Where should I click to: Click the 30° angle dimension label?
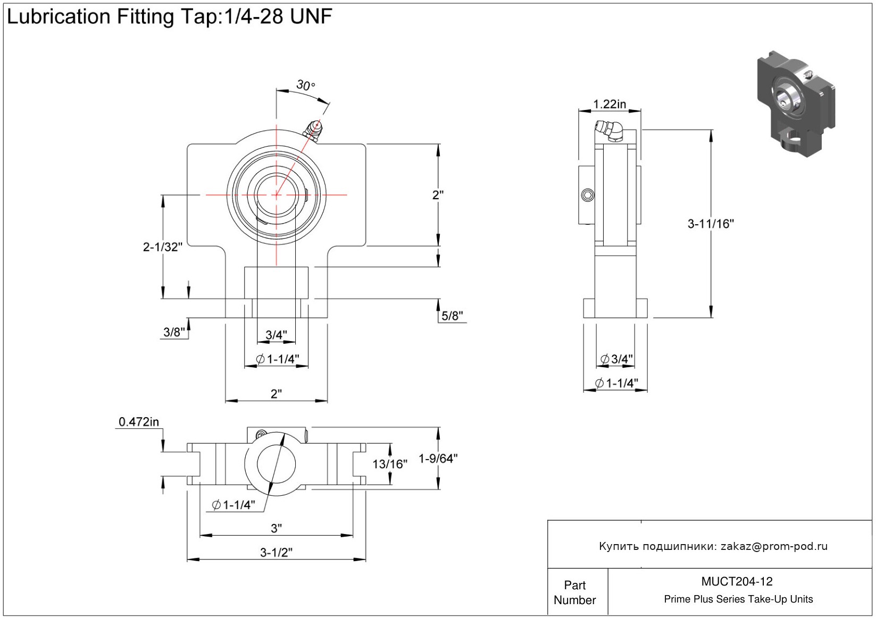[x=305, y=85]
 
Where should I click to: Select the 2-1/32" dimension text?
[x=163, y=247]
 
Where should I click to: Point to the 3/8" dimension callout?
[x=174, y=333]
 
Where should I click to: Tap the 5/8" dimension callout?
[x=452, y=316]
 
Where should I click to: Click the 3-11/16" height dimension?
[x=711, y=224]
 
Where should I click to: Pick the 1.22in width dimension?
[x=610, y=104]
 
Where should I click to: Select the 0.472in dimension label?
[x=139, y=422]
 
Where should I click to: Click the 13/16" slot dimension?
[x=389, y=464]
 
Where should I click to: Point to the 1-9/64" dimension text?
[x=438, y=458]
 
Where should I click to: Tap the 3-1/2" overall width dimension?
[x=276, y=553]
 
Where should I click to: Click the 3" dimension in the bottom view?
[x=276, y=528]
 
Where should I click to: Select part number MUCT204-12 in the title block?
[x=737, y=581]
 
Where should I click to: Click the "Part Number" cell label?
[x=575, y=592]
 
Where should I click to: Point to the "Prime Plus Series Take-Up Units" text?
[x=738, y=599]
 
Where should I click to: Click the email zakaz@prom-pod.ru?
[x=774, y=546]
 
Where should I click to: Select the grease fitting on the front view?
[x=312, y=130]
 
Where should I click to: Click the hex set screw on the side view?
[x=587, y=196]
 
